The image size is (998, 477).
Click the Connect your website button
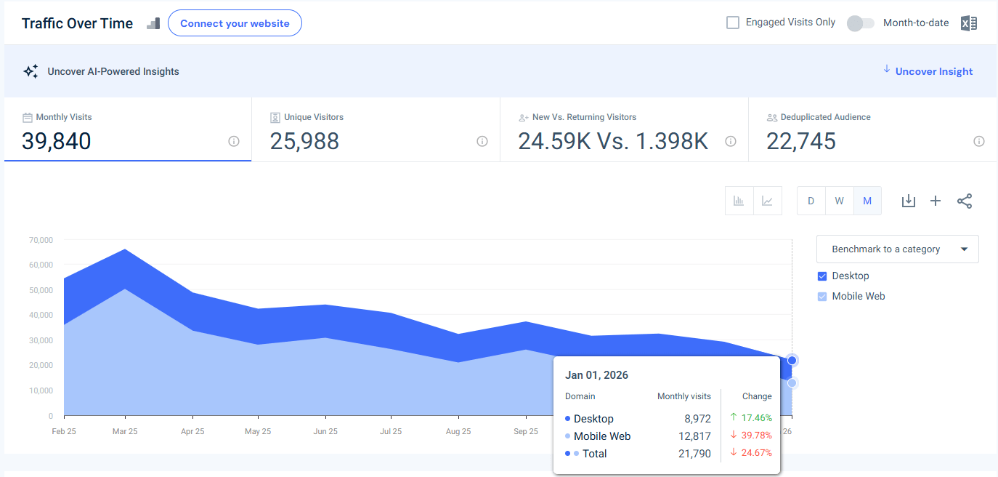[235, 23]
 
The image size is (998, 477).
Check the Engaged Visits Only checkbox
[733, 23]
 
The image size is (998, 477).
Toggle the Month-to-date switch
[860, 23]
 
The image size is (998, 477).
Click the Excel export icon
[968, 23]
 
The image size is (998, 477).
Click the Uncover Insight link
[933, 71]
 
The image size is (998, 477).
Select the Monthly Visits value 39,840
[57, 141]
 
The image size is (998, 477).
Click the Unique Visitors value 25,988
[304, 141]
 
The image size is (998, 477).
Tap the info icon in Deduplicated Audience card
[978, 141]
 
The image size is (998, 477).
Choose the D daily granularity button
[811, 201]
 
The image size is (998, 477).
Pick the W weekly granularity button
[839, 201]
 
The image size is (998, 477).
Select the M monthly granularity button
[867, 201]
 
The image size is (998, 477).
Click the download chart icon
[908, 201]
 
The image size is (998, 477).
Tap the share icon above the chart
[964, 201]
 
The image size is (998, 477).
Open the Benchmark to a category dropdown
[897, 249]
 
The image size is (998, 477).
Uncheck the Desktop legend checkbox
[822, 276]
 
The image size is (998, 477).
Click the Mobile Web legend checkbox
[822, 297]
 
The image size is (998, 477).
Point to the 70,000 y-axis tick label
[41, 240]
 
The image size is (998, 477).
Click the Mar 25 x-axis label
[125, 431]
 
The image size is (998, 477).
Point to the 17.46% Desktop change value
[756, 418]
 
